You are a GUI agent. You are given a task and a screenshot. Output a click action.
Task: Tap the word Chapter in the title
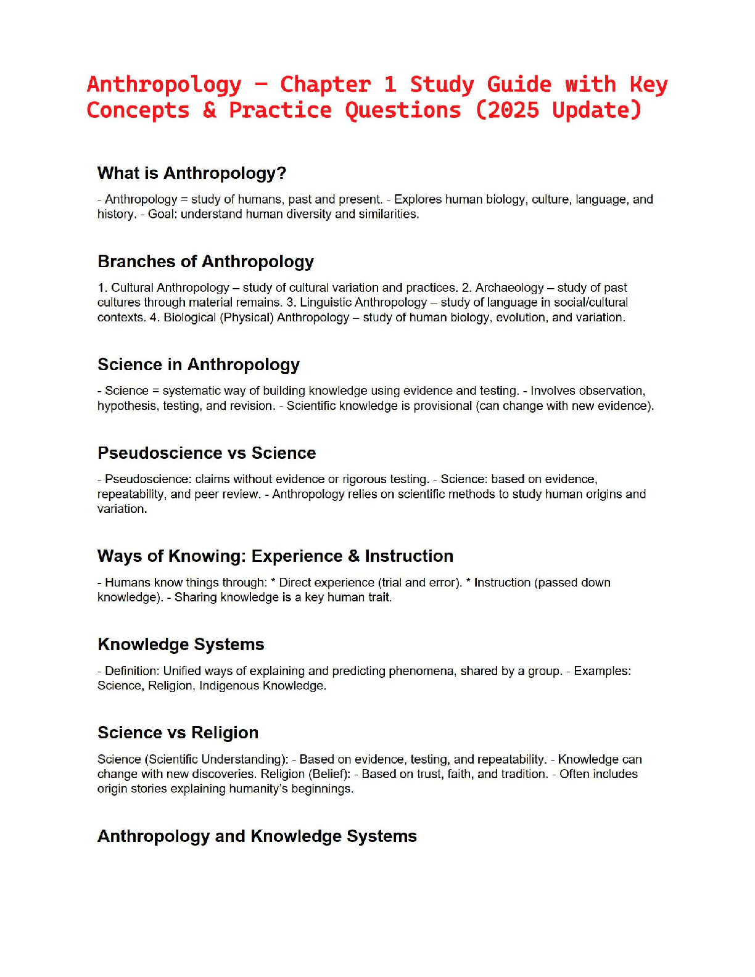325,85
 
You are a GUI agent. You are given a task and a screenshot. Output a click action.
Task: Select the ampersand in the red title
210,110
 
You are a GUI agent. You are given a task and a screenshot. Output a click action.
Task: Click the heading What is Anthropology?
192,173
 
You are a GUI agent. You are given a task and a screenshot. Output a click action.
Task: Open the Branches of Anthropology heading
205,262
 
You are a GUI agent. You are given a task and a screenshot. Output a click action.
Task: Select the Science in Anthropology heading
199,365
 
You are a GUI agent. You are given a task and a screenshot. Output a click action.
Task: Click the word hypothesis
127,406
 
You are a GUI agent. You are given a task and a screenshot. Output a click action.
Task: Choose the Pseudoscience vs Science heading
207,453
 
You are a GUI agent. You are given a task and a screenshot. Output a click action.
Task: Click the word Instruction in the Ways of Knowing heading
409,556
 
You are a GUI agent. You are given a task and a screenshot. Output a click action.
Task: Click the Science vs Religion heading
178,733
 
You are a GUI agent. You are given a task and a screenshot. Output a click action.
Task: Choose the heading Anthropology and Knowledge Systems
257,836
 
